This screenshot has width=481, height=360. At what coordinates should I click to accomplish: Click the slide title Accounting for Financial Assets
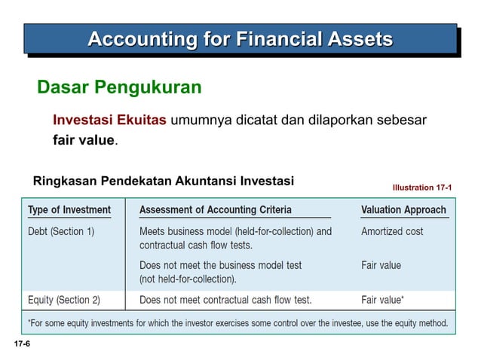[240, 38]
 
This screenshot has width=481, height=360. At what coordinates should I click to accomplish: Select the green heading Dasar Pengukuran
[119, 88]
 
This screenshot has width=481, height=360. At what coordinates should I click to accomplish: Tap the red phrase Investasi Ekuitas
[109, 121]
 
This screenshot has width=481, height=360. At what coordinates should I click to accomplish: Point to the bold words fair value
[83, 140]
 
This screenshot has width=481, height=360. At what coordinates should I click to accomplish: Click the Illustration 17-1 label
[422, 187]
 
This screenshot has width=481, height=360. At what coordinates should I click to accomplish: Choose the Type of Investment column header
[69, 209]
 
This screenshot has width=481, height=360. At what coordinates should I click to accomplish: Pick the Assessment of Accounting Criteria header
[215, 209]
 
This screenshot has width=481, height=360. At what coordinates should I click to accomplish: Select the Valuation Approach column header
[404, 209]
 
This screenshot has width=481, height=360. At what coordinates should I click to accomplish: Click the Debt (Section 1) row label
[61, 231]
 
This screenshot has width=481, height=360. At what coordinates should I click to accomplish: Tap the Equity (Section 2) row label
[64, 300]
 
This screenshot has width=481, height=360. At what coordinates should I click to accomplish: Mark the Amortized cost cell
[392, 231]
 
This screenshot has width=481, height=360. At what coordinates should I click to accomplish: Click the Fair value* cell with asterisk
[382, 300]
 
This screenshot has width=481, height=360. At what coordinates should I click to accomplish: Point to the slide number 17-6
[21, 343]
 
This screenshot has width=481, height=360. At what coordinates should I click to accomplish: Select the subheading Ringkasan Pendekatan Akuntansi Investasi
[164, 181]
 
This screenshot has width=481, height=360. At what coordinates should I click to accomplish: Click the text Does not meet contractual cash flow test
[225, 300]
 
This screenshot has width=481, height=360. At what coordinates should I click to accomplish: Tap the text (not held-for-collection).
[188, 279]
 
